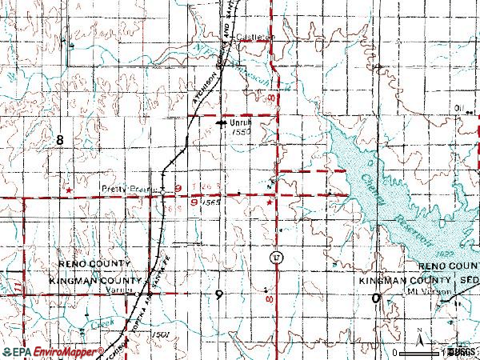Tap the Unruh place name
pyautogui.click(x=241, y=122)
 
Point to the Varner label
pyautogui.click(x=118, y=291)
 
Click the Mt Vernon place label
pyautogui.click(x=446, y=292)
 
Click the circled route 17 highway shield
pyautogui.click(x=276, y=257)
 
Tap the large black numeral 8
pyautogui.click(x=59, y=140)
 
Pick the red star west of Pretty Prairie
pyautogui.click(x=70, y=190)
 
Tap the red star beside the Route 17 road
pyautogui.click(x=270, y=202)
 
